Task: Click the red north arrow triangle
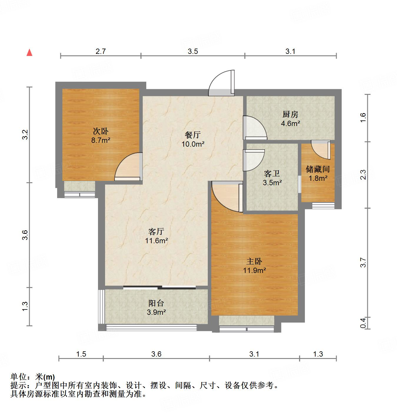click(x=29, y=52)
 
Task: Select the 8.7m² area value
click(x=100, y=140)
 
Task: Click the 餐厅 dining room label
click(x=193, y=135)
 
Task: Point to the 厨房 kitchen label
click(x=290, y=114)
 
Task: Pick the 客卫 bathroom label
click(x=272, y=174)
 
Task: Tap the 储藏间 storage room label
click(x=318, y=169)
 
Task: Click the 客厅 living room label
click(x=156, y=231)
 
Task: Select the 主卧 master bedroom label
click(x=254, y=261)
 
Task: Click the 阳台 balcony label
click(x=156, y=303)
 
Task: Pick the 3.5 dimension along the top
click(x=193, y=51)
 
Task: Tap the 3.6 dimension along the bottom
click(x=156, y=354)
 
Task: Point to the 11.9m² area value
click(x=255, y=270)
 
